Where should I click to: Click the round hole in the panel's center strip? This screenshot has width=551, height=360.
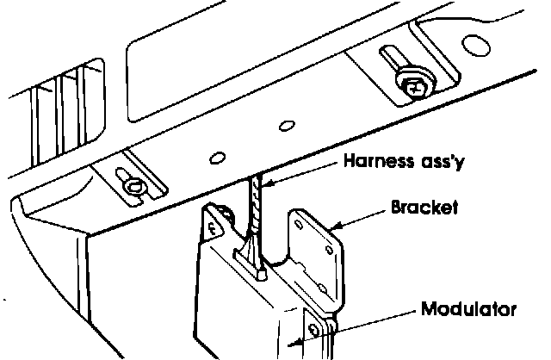tap(284, 127)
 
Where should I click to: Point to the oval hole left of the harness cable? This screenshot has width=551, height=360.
tap(218, 156)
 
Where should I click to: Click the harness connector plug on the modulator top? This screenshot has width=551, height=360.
tap(256, 258)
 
